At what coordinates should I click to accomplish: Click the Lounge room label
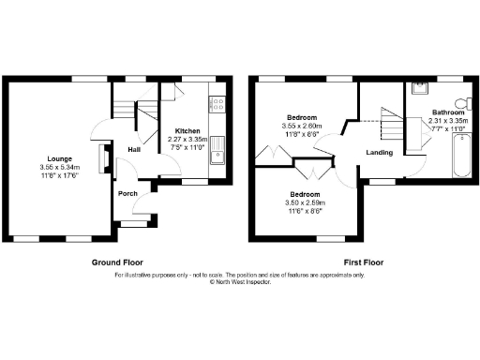(59, 159)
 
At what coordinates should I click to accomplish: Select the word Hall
(134, 149)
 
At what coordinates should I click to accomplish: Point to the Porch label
(127, 194)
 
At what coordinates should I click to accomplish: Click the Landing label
(379, 152)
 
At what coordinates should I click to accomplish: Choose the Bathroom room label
(442, 112)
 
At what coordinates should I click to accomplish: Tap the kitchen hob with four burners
(217, 103)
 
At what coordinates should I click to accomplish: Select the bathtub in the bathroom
(462, 156)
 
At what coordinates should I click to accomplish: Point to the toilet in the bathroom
(461, 103)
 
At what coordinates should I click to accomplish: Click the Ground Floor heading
(116, 263)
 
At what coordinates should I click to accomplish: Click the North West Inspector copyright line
(240, 281)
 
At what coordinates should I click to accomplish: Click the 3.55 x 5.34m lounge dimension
(59, 168)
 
